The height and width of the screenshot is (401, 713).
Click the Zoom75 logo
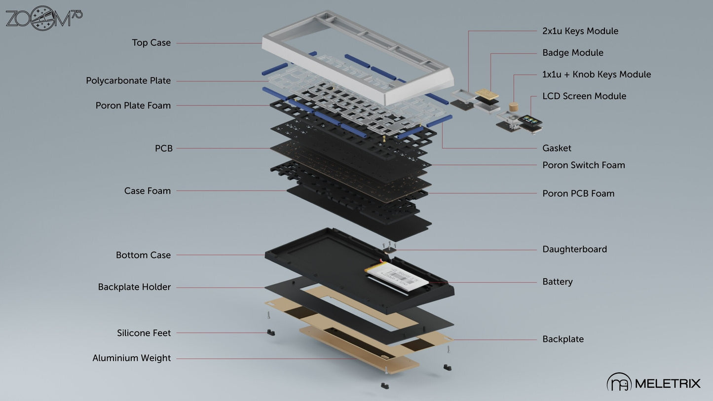[44, 18]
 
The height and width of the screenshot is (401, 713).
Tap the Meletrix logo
[653, 382]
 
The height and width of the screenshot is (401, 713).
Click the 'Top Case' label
[151, 42]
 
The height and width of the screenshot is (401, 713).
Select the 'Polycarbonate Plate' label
[128, 81]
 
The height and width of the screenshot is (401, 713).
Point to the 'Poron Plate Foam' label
[133, 106]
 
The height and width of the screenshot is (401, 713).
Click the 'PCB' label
[164, 148]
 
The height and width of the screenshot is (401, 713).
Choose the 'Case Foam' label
[148, 191]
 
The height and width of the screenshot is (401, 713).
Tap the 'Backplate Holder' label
[134, 287]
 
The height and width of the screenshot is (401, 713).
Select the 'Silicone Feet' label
[144, 333]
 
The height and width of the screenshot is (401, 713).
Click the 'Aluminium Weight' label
[131, 359]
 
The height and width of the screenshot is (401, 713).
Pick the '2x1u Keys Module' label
[580, 31]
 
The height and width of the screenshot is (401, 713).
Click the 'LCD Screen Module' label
[584, 96]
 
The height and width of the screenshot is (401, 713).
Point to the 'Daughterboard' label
[574, 249]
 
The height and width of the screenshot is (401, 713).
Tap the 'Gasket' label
[557, 148]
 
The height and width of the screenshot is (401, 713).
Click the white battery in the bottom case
[397, 276]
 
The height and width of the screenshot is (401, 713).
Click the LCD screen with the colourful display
[530, 120]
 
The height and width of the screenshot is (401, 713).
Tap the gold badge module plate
[487, 94]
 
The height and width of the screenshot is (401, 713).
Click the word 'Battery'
[558, 282]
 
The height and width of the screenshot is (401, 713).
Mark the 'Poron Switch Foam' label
[583, 165]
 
